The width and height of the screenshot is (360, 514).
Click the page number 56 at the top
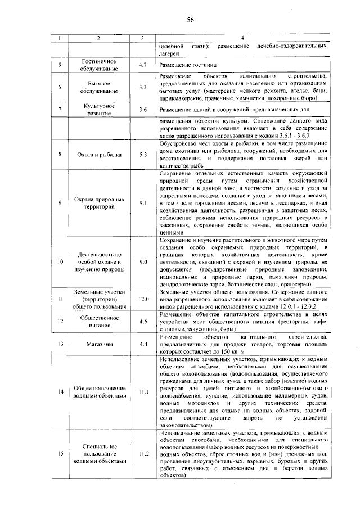190,20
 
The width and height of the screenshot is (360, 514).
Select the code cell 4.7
143,65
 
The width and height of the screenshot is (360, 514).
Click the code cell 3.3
143,87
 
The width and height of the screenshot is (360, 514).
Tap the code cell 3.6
143,110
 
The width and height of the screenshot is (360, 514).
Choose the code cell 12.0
143,300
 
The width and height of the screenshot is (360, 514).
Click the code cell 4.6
143,322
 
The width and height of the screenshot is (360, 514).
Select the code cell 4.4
143,343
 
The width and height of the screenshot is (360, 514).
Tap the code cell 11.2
143,454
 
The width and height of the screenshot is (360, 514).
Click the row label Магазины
98,343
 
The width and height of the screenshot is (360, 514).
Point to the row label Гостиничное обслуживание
98,65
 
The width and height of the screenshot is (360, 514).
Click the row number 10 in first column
60,262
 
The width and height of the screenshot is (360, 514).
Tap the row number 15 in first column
60,454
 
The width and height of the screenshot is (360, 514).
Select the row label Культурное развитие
98,110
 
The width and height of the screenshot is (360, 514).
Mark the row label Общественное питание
98,322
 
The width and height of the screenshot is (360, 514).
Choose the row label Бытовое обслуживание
98,87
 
